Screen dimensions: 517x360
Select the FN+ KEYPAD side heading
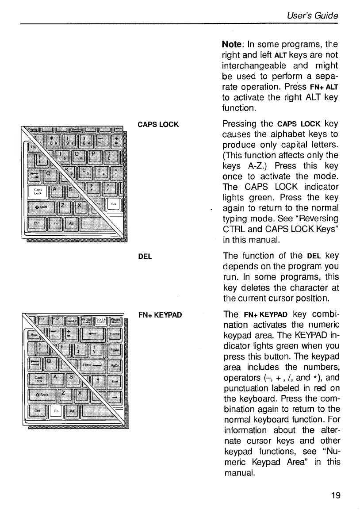pos(160,315)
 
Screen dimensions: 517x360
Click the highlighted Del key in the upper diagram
pos(113,204)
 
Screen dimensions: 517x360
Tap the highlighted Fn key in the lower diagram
pos(56,411)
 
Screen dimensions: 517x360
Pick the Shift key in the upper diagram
pos(41,207)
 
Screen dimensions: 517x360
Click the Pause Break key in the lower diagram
pos(114,321)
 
